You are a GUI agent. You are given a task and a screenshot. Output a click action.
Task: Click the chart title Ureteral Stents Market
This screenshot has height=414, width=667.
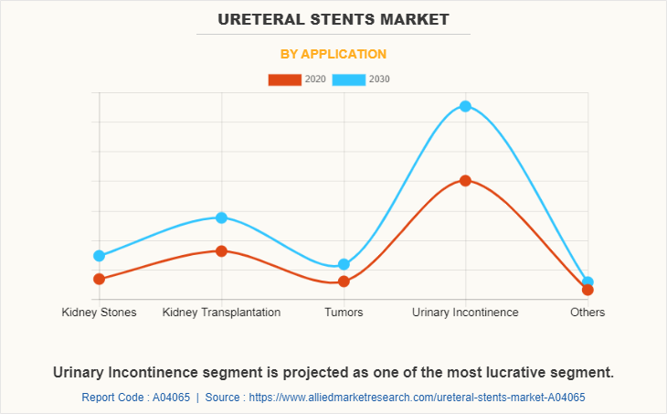[333, 18]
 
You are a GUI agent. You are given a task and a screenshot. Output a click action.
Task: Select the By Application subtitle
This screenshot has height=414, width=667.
[333, 54]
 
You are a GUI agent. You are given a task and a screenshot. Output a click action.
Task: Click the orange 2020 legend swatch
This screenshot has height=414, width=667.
[284, 80]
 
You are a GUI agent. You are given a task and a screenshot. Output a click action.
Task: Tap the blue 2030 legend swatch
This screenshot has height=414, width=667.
[349, 80]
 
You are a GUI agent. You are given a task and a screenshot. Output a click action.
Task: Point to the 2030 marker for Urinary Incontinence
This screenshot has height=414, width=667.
[465, 106]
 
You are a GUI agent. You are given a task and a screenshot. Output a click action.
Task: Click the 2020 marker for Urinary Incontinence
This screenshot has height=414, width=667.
[465, 181]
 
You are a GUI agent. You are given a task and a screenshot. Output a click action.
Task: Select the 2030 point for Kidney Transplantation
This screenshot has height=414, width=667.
[221, 218]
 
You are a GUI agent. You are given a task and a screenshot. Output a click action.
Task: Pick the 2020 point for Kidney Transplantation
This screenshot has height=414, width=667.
[221, 250]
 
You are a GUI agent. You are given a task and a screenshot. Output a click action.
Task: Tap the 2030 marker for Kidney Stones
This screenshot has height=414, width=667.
[99, 256]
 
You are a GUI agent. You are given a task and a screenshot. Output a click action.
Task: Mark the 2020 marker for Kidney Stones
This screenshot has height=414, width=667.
[99, 279]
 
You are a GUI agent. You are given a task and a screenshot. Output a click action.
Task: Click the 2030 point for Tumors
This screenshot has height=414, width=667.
[344, 264]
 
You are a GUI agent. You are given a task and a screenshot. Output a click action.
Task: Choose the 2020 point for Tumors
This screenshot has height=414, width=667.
[344, 281]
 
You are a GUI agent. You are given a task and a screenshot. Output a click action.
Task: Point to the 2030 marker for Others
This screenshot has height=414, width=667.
[588, 282]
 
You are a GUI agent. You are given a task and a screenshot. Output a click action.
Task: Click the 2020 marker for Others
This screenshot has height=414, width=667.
[588, 290]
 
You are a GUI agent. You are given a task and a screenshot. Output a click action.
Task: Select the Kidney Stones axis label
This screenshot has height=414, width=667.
[99, 313]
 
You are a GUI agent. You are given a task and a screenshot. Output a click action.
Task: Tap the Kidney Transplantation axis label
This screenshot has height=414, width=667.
[221, 313]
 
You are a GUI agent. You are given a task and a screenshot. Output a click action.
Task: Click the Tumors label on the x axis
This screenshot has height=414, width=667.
[344, 313]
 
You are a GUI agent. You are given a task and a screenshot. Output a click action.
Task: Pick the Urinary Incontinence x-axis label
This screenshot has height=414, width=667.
[465, 313]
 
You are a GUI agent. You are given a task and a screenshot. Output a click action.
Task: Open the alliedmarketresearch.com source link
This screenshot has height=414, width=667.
[417, 398]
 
